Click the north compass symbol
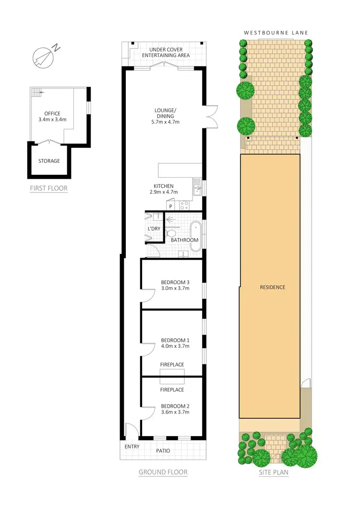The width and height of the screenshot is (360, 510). pyautogui.click(x=44, y=56)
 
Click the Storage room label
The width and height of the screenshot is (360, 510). pyautogui.click(x=49, y=161)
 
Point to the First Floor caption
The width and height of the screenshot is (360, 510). pyautogui.click(x=48, y=188)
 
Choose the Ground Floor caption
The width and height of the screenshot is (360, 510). pyautogui.click(x=163, y=472)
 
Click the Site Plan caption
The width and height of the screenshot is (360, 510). pyautogui.click(x=274, y=472)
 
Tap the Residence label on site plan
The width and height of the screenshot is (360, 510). pyautogui.click(x=273, y=287)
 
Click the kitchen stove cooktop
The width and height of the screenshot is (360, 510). pyautogui.click(x=184, y=206)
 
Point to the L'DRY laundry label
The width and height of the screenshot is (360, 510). pyautogui.click(x=154, y=229)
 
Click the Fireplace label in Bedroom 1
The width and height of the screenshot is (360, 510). pyautogui.click(x=172, y=364)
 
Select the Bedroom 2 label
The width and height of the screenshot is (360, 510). pyautogui.click(x=172, y=405)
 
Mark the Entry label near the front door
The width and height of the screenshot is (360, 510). pyautogui.click(x=132, y=447)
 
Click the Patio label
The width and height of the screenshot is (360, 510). pyautogui.click(x=163, y=451)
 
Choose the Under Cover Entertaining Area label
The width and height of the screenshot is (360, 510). pyautogui.click(x=166, y=52)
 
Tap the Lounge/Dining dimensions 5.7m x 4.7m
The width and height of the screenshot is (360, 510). pyautogui.click(x=164, y=121)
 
